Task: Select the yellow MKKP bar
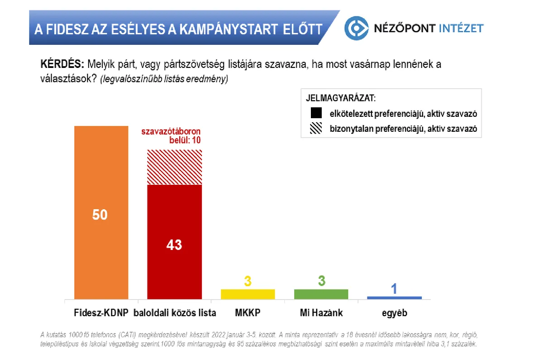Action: click(x=248, y=294)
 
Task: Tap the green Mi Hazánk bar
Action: click(x=321, y=294)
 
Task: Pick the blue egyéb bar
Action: click(x=394, y=298)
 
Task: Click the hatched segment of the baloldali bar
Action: click(x=174, y=167)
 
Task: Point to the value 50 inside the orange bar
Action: click(x=100, y=214)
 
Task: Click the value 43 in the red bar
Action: click(x=174, y=245)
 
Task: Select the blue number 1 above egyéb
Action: click(x=394, y=288)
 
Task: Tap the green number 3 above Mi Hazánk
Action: click(x=321, y=281)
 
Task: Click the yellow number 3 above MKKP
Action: click(x=248, y=281)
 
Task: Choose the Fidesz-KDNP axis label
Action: click(x=101, y=312)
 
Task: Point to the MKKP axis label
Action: click(x=248, y=312)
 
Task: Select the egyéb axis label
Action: click(x=394, y=312)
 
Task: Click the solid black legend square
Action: click(x=316, y=113)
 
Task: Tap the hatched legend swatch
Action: click(x=316, y=128)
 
